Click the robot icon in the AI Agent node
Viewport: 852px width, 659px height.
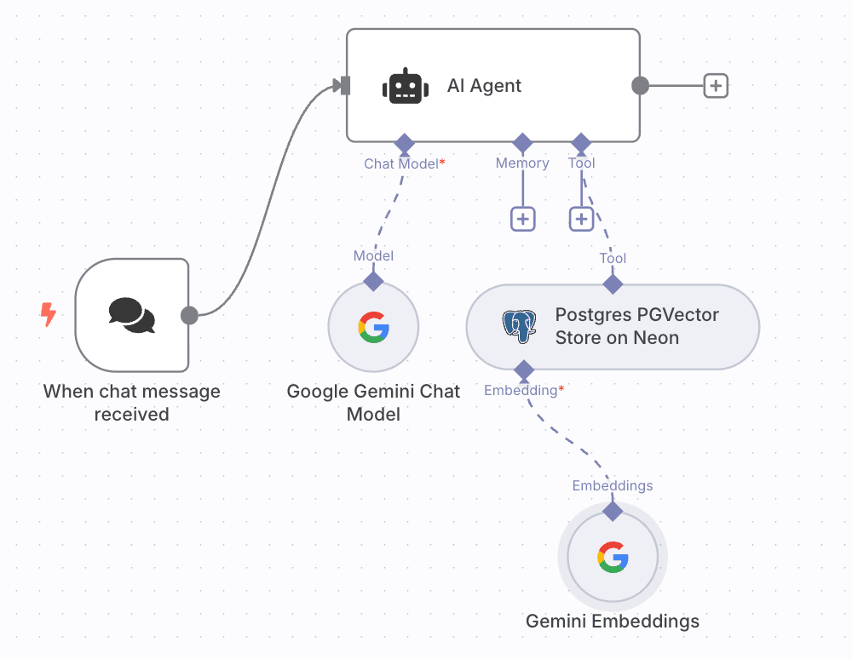pyautogui.click(x=406, y=86)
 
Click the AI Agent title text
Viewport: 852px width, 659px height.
pyautogui.click(x=484, y=86)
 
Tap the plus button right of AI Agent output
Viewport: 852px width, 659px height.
pyautogui.click(x=716, y=86)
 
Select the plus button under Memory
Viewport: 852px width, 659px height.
pyautogui.click(x=522, y=219)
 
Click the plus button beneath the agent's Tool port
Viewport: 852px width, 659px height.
pyautogui.click(x=581, y=219)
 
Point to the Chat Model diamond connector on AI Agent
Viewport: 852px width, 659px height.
pyautogui.click(x=403, y=142)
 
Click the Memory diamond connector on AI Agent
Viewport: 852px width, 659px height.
pyautogui.click(x=522, y=142)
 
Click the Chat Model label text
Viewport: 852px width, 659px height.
pyautogui.click(x=400, y=163)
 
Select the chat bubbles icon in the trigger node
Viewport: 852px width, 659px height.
pyautogui.click(x=132, y=315)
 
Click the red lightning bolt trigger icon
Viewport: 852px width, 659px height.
pyautogui.click(x=49, y=315)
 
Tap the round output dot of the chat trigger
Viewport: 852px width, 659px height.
pyautogui.click(x=189, y=316)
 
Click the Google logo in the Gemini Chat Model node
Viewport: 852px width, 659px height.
pyautogui.click(x=373, y=327)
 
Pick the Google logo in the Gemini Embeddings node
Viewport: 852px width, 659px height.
pyautogui.click(x=613, y=558)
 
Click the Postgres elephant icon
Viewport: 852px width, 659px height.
pyautogui.click(x=520, y=326)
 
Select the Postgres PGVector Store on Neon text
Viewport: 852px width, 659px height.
pyautogui.click(x=637, y=326)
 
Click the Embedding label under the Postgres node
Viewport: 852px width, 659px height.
pyautogui.click(x=521, y=391)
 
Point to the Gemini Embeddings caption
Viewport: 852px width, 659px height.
pyautogui.click(x=613, y=621)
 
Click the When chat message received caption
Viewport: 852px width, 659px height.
pyautogui.click(x=132, y=403)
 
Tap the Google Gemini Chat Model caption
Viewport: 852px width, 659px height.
pyautogui.click(x=373, y=403)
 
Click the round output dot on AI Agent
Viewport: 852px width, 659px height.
pyautogui.click(x=640, y=86)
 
